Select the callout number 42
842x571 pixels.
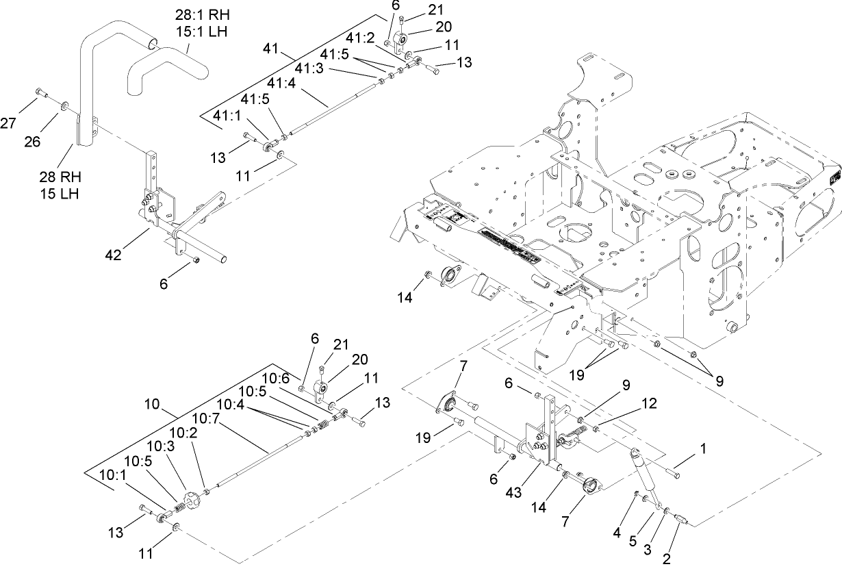pos(114,255)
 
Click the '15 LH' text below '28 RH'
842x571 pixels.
pos(59,193)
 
